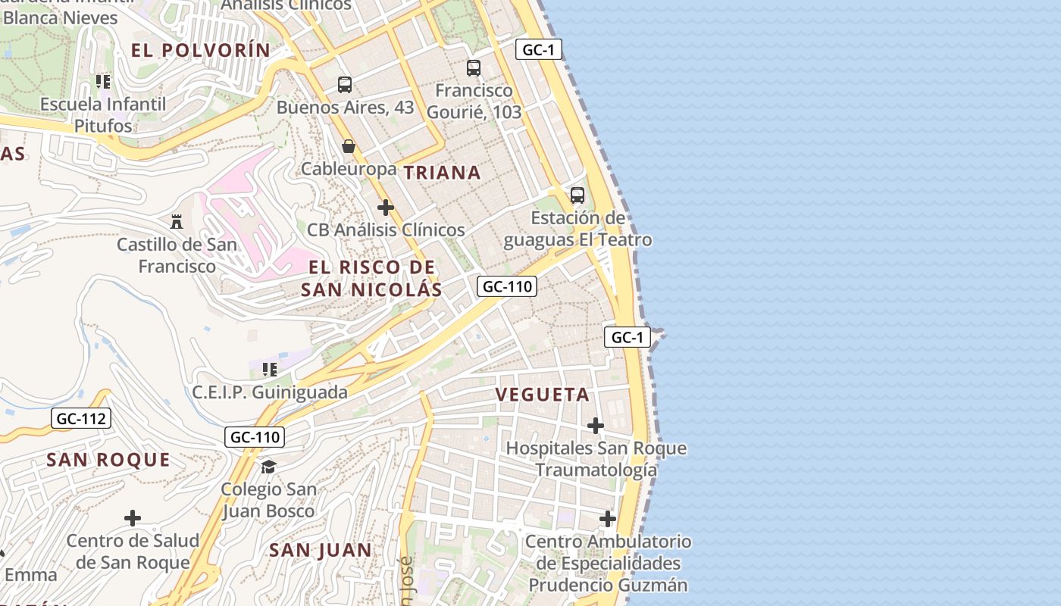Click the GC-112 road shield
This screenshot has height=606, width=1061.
pos(83,418)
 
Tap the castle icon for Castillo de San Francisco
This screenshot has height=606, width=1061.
pos(177,221)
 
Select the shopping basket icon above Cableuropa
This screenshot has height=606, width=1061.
pos(349,146)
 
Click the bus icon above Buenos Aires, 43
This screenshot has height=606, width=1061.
pos(345,84)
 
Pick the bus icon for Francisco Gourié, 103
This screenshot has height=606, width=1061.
pos(474,68)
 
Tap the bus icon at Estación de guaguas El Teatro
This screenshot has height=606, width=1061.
pos(577,195)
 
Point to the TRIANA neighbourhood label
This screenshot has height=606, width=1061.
pos(443,173)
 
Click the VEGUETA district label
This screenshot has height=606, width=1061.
pos(543,395)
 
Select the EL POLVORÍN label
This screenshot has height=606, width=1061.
pos(200,51)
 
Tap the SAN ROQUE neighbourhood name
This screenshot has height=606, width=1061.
pos(108,460)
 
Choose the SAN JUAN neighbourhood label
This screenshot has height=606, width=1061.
pos(321,551)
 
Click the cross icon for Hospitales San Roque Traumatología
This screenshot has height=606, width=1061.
pos(596,426)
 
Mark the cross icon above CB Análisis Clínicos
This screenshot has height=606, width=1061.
pos(386,207)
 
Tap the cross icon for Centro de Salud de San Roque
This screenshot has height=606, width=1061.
pos(133,518)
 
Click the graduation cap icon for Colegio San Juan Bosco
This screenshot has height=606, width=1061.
pos(268,466)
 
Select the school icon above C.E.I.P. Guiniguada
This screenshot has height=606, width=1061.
pos(269,370)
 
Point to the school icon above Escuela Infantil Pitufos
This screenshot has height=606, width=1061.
pos(103,81)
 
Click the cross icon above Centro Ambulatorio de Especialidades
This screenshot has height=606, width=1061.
pos(608,519)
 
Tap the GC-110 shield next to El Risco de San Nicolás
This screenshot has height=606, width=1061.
pos(507,286)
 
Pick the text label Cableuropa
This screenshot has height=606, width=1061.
pos(349,169)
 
